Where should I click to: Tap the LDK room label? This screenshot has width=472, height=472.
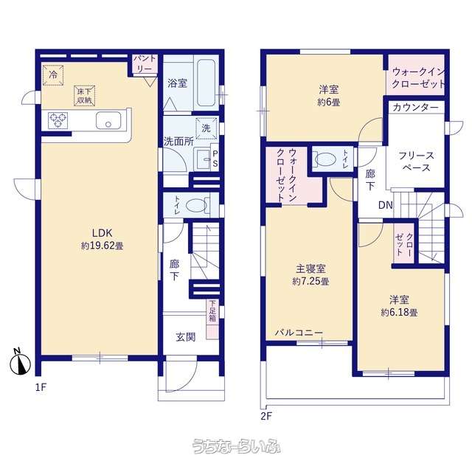(x=102, y=233)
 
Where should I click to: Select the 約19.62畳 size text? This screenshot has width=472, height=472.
(x=102, y=246)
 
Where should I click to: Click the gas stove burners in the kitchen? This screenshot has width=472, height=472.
(x=58, y=120)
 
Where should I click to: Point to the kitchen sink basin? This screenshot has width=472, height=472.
(x=108, y=120)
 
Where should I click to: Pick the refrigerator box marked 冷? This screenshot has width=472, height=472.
(x=52, y=74)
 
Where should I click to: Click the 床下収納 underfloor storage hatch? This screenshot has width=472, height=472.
(x=85, y=96)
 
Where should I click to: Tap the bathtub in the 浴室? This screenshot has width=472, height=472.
(x=206, y=83)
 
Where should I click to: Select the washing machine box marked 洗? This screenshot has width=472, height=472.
(x=206, y=128)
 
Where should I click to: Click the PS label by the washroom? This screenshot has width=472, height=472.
(x=215, y=159)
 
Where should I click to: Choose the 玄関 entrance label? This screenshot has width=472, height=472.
(x=185, y=337)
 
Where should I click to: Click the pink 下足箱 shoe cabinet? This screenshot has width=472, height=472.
(x=212, y=319)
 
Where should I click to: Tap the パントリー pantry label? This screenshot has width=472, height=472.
(x=145, y=63)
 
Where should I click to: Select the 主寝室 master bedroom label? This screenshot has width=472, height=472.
(x=310, y=268)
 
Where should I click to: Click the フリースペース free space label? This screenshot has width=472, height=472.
(x=416, y=162)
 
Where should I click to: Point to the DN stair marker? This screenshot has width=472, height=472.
(x=385, y=205)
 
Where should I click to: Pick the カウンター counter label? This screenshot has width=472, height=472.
(x=416, y=108)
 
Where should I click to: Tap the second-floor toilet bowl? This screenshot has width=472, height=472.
(x=324, y=159)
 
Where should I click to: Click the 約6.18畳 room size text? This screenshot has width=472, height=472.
(x=399, y=313)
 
